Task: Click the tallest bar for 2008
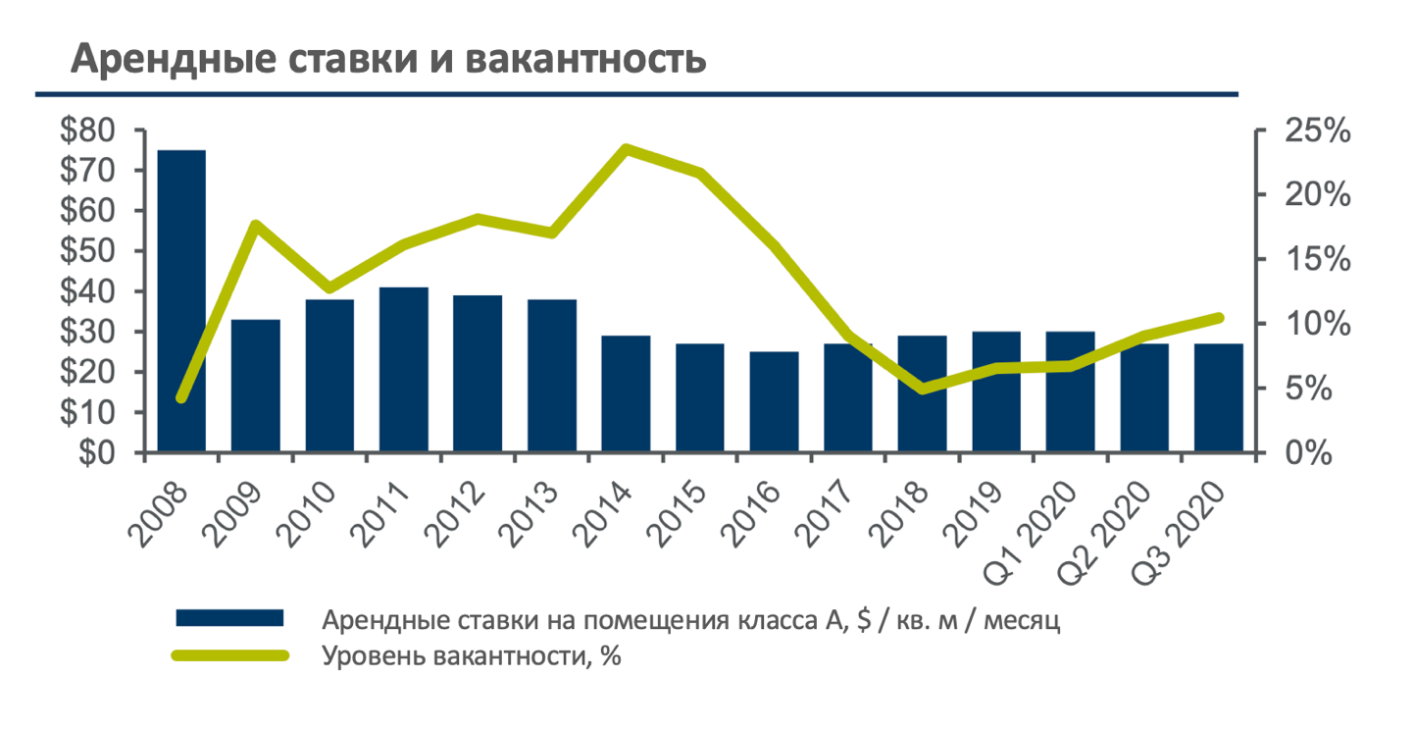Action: (181, 301)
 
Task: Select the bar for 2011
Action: (404, 370)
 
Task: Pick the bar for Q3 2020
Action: (1218, 398)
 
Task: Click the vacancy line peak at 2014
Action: (627, 149)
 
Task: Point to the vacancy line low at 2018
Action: (923, 390)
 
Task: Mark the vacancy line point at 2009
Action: (256, 226)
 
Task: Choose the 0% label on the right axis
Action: (1309, 454)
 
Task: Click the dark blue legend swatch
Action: (229, 618)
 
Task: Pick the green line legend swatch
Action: (229, 655)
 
